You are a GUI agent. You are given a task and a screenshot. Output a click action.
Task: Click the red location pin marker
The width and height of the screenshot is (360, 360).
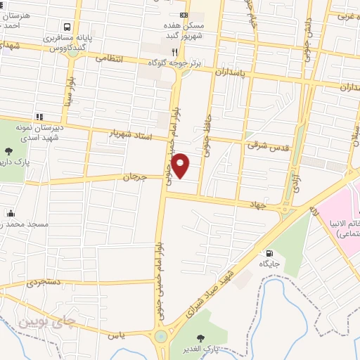pyautogui.click(x=181, y=165)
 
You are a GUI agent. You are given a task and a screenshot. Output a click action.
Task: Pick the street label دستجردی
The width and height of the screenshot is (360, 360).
pyautogui.click(x=46, y=283)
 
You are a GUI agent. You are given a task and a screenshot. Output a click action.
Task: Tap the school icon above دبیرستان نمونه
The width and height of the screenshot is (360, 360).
pyautogui.click(x=40, y=117)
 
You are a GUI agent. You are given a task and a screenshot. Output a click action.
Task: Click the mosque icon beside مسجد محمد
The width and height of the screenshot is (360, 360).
pyautogui.click(x=11, y=213)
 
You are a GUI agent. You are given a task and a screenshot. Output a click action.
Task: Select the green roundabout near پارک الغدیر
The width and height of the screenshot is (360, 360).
pyautogui.click(x=162, y=336)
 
